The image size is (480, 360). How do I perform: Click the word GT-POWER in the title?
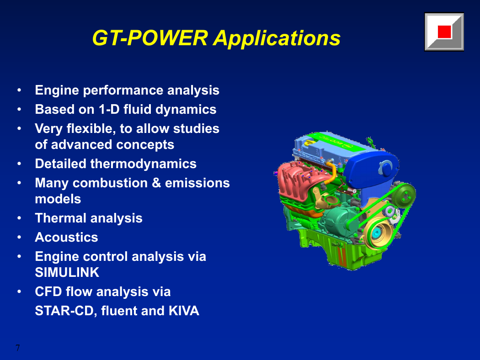point(150,38)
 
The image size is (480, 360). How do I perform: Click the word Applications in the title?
point(277,39)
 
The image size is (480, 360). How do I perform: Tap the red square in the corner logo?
point(444,32)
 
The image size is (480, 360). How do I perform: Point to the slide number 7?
point(18,348)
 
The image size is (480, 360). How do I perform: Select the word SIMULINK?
point(67,273)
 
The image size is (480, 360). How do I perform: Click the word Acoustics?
point(66,238)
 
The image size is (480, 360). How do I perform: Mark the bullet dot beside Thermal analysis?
point(19,218)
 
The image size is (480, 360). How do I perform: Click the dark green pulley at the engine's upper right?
point(404,195)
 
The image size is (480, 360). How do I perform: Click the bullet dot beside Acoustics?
point(19,238)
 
